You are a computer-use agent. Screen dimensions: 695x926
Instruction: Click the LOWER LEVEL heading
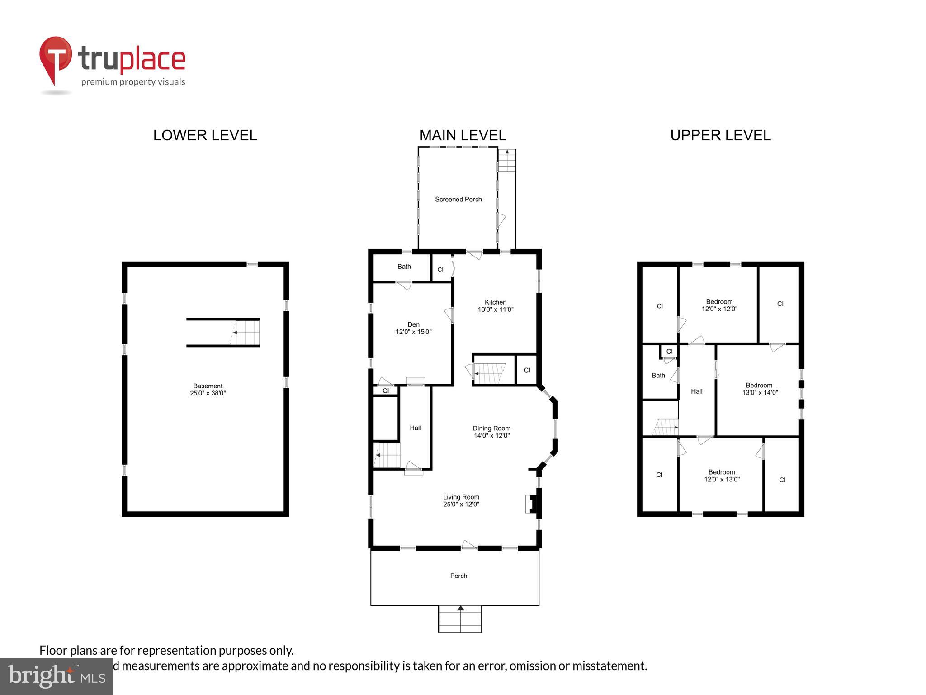(205, 135)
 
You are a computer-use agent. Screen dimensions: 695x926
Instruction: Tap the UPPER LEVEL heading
(720, 135)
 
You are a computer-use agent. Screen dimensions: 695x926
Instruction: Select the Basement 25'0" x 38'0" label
(208, 390)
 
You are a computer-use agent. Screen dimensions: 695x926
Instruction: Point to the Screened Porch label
(458, 199)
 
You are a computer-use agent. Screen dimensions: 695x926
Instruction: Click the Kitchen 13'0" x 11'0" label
(496, 306)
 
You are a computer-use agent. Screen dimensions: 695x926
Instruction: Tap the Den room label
(413, 324)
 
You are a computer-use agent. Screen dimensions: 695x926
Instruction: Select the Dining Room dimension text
(491, 436)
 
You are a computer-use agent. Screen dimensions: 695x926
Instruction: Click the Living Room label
(461, 497)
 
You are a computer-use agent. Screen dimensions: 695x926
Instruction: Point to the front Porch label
(458, 576)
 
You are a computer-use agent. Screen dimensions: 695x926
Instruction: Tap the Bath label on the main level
(404, 267)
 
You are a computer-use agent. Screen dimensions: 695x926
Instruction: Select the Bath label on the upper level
(658, 375)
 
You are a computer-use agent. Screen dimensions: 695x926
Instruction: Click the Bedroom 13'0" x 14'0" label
(760, 389)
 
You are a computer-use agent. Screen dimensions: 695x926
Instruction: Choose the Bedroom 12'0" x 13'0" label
(722, 476)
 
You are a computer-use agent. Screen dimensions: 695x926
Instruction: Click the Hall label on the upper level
(696, 391)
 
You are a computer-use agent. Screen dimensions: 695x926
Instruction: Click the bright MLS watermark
(56, 676)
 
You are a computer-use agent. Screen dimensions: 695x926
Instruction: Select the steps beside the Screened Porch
(507, 162)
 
